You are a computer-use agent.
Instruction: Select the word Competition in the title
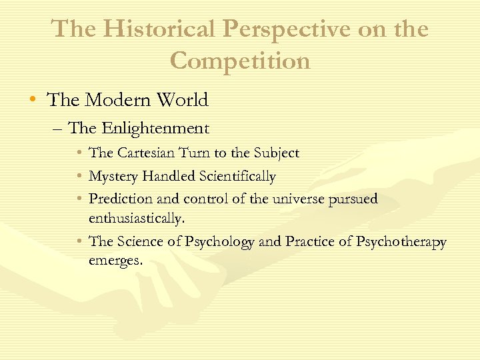pos(240,61)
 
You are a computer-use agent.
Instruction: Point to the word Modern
pos(117,100)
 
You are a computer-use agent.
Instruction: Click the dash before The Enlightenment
pos(58,128)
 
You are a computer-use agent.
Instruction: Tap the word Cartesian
pos(143,153)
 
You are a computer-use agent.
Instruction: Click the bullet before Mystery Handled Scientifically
pos(79,177)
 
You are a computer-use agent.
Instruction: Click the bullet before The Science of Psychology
pos(79,241)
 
